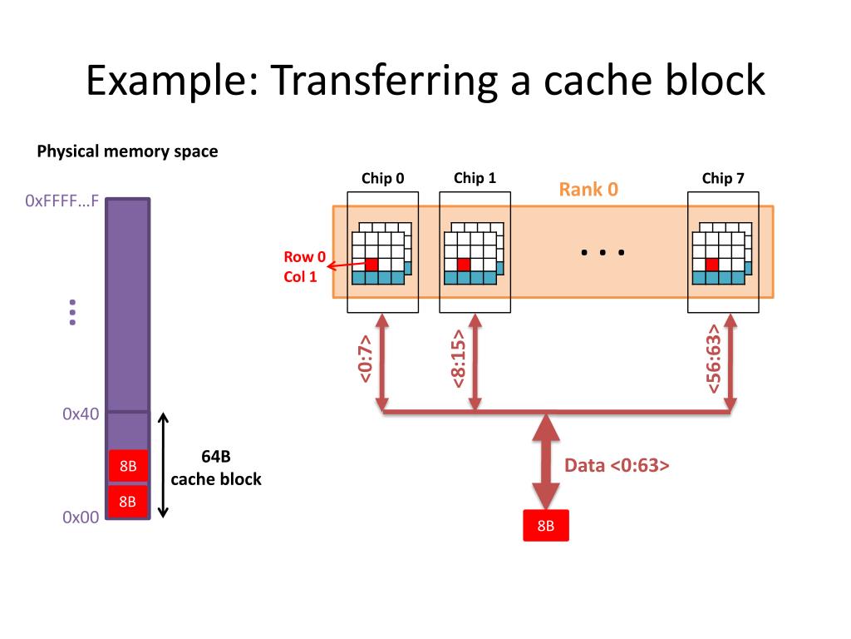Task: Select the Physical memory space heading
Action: (x=127, y=151)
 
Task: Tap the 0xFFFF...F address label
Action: (x=61, y=201)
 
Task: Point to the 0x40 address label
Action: (x=81, y=414)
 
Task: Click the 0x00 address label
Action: (x=81, y=517)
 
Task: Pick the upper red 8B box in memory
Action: (x=128, y=466)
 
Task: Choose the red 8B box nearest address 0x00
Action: (x=128, y=501)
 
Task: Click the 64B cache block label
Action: (x=216, y=468)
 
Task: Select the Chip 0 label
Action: (x=382, y=178)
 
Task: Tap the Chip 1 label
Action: (x=475, y=178)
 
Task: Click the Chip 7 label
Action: (x=723, y=178)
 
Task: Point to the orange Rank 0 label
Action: (x=588, y=189)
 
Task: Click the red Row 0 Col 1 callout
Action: (x=304, y=266)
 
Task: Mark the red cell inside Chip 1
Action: (x=464, y=265)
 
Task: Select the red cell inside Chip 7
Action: (x=711, y=265)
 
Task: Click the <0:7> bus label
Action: (x=366, y=359)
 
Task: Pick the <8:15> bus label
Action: (x=459, y=359)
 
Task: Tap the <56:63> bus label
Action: (x=713, y=359)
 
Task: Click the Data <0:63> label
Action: (x=617, y=466)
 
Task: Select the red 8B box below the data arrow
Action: (x=546, y=526)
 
